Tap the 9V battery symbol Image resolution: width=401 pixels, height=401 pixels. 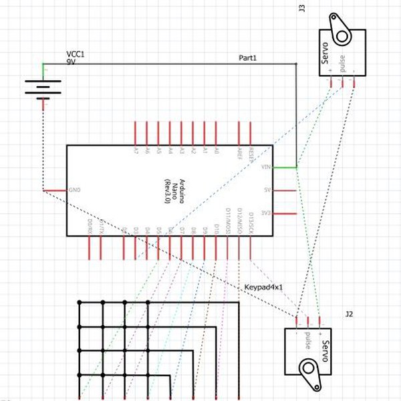[43, 86]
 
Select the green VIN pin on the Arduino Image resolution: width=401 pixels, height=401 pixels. [285, 167]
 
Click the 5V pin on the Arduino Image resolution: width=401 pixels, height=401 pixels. [285, 190]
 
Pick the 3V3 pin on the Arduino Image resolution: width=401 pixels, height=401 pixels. [285, 214]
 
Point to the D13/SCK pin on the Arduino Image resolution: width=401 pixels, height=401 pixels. [251, 247]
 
